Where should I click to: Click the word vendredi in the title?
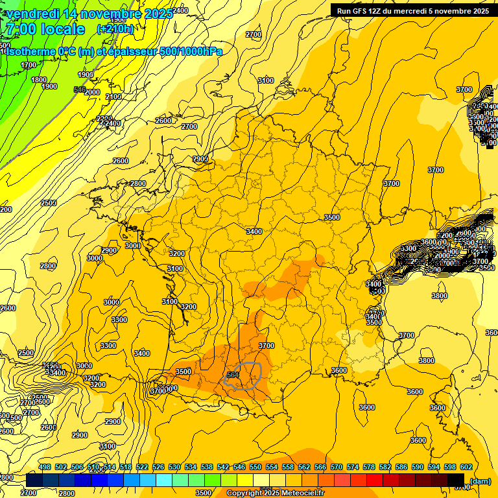pyautogui.click(x=33, y=14)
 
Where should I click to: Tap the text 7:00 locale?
pyautogui.click(x=45, y=29)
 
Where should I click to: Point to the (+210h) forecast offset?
pyautogui.click(x=115, y=29)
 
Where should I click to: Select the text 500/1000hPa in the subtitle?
pyautogui.click(x=192, y=51)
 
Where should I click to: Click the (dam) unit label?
pyautogui.click(x=479, y=481)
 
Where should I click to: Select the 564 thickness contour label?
pyautogui.click(x=233, y=375)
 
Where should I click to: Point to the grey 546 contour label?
pyautogui.click(x=80, y=89)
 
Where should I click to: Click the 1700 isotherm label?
pyautogui.click(x=29, y=65)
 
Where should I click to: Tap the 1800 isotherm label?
pyautogui.click(x=39, y=80)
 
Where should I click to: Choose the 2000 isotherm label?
pyautogui.click(x=92, y=92)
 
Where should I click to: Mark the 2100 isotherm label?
pyautogui.click(x=113, y=97)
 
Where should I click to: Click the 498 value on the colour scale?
pyautogui.click(x=45, y=467)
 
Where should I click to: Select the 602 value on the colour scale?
pyautogui.click(x=466, y=467)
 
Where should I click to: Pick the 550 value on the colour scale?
pyautogui.click(x=255, y=467)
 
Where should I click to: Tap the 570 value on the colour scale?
pyautogui.click(x=337, y=467)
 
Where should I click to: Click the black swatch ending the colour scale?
pyautogui.click(x=456, y=480)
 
